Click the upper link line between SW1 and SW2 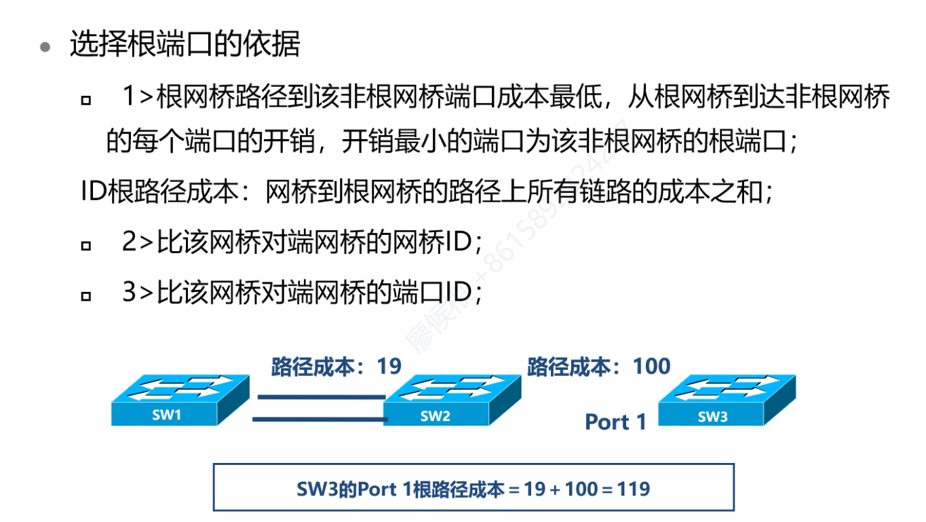coord(319,396)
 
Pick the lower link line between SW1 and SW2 coord(319,420)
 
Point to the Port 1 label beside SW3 coord(615,422)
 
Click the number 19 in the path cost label coord(389,367)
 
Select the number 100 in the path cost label coord(651,367)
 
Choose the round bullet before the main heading coord(45,47)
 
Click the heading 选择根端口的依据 coord(185,45)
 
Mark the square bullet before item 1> coord(85,100)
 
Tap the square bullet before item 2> coord(85,245)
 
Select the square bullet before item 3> coord(85,295)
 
